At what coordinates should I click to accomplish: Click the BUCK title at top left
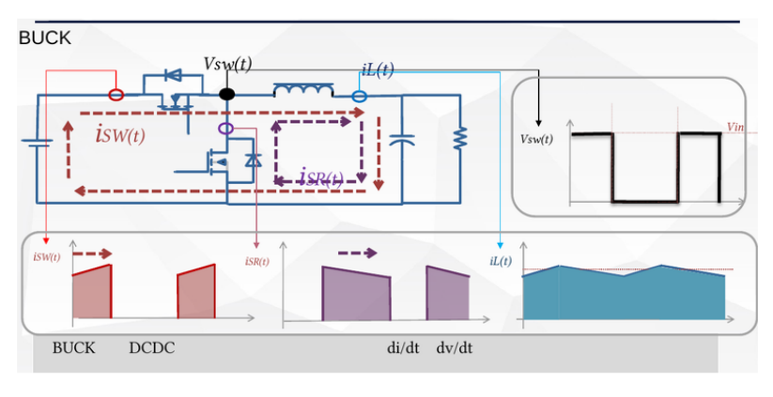(45, 38)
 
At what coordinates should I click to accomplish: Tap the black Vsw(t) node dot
(226, 94)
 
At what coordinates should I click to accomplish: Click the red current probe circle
(116, 95)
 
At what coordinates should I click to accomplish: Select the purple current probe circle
(225, 129)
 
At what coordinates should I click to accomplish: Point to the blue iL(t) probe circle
(360, 96)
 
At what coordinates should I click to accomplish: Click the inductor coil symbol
(303, 90)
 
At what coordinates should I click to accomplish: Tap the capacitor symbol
(402, 141)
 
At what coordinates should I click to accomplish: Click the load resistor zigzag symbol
(460, 138)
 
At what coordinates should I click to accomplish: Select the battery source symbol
(37, 143)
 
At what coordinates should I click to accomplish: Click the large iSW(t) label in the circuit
(121, 134)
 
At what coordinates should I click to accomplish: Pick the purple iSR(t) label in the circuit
(321, 176)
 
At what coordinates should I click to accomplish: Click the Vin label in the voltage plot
(735, 127)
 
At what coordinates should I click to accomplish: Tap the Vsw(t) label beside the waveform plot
(537, 139)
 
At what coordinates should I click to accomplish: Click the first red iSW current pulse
(92, 292)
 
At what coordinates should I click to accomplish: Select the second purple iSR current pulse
(448, 293)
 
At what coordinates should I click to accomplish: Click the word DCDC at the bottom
(152, 348)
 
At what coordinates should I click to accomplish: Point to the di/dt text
(403, 348)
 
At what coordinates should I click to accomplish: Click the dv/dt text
(454, 348)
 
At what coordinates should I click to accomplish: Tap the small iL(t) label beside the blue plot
(501, 261)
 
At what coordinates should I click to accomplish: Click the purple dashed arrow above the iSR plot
(358, 253)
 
